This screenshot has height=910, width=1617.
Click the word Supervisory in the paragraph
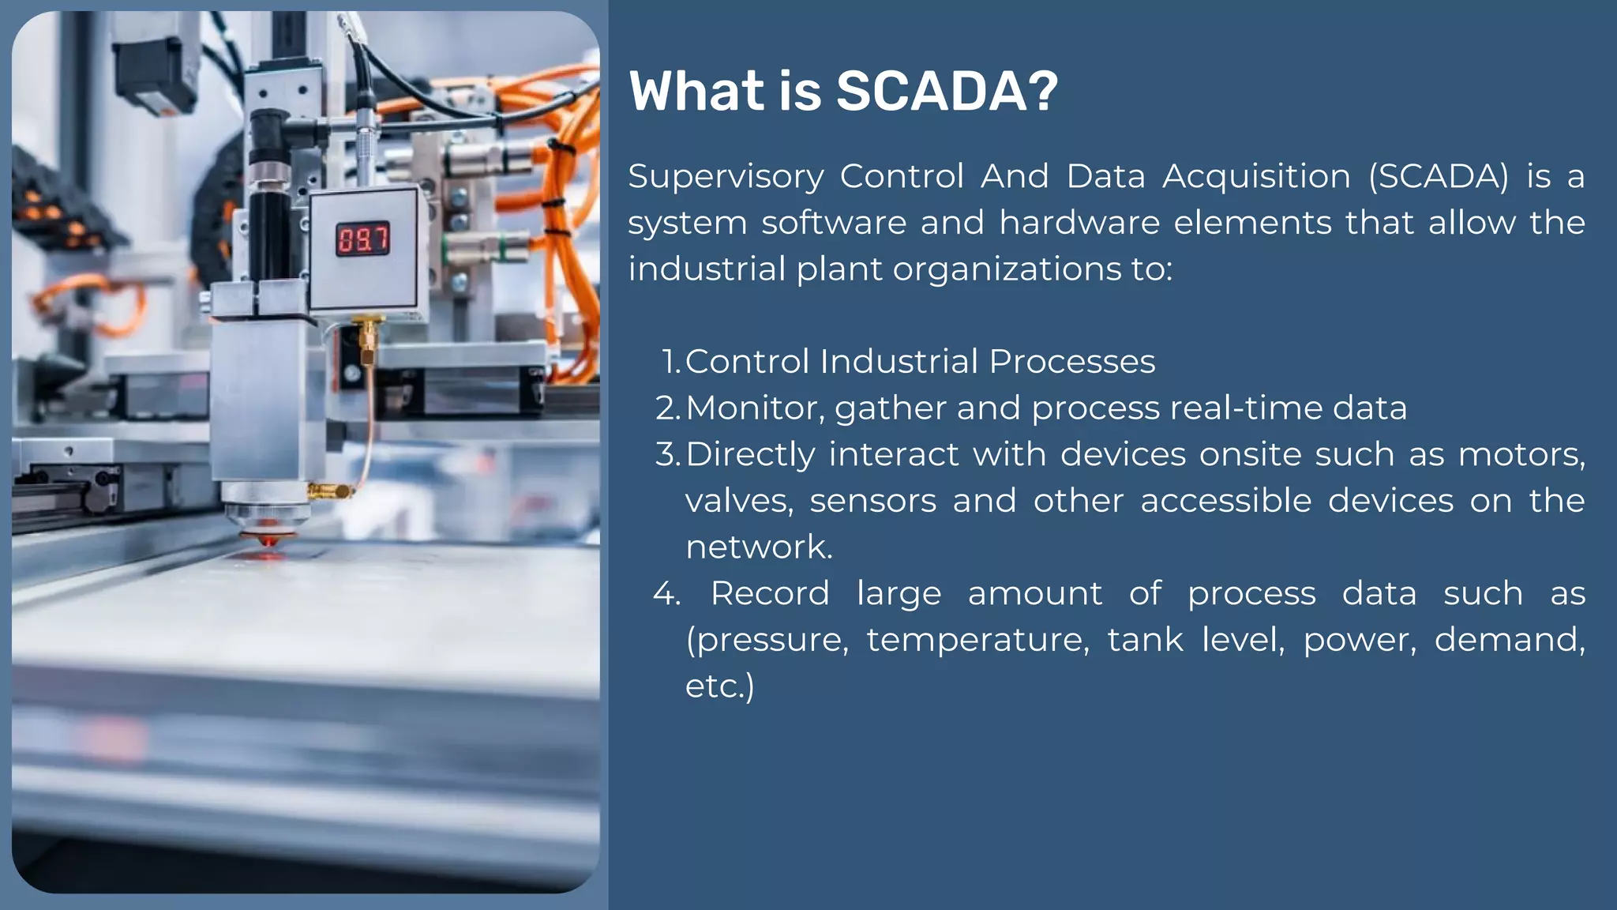coord(726,177)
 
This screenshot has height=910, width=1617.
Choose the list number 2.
coord(667,408)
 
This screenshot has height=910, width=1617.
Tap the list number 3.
coord(667,455)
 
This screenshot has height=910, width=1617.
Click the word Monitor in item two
coord(755,408)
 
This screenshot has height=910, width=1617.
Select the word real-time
coord(1246,408)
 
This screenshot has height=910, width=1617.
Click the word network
coord(758,547)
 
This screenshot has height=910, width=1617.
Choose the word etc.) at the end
coord(719,686)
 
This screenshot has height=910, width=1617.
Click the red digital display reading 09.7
coord(363,239)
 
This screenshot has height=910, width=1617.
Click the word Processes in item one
coord(1071,362)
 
